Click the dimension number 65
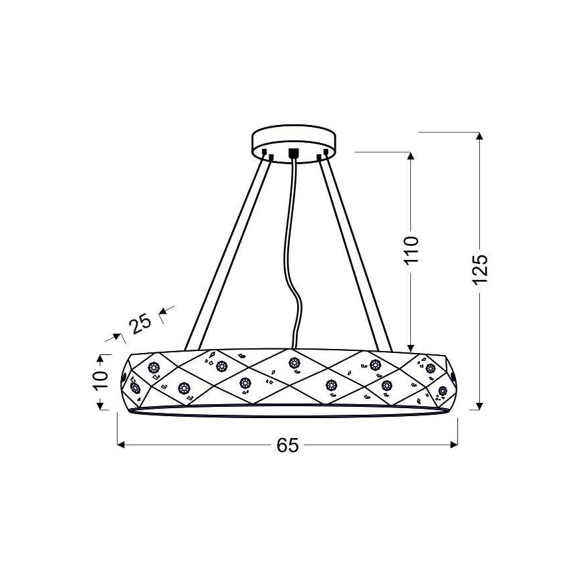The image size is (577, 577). tap(288, 445)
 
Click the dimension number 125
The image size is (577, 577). tap(480, 269)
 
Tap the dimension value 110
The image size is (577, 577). tap(411, 250)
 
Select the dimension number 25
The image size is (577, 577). tap(140, 324)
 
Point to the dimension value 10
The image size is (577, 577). tap(100, 380)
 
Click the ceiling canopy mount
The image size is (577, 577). tap(294, 142)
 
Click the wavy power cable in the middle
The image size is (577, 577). tap(292, 250)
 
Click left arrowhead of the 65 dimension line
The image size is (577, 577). tap(121, 445)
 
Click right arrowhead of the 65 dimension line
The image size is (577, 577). tap(454, 445)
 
